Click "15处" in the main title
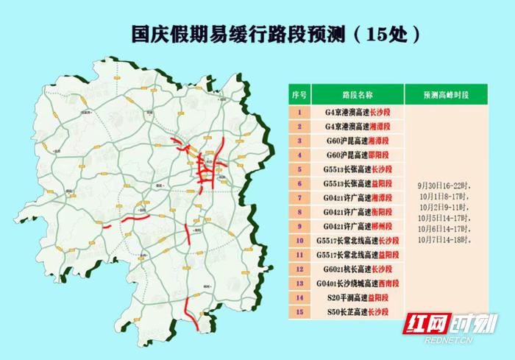click(394, 33)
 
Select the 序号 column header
click(299, 96)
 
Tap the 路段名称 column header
click(358, 96)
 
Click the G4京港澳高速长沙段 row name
click(358, 113)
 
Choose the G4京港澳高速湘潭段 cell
click(358, 127)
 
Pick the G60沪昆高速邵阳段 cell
click(358, 155)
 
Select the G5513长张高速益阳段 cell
click(358, 184)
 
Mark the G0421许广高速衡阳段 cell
click(358, 212)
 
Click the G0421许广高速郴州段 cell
click(358, 226)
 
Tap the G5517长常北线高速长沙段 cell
click(358, 240)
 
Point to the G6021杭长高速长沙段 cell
click(358, 269)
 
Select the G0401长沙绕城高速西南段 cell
click(358, 283)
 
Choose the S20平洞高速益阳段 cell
click(358, 297)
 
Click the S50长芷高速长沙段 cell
click(358, 311)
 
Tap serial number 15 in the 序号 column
click(299, 311)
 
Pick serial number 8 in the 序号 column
click(299, 212)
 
